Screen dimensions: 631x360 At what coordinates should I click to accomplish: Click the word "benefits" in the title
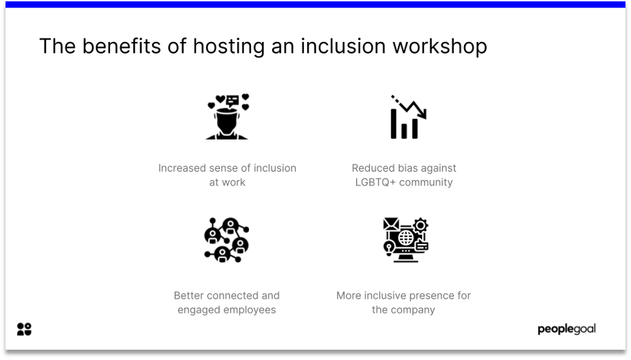(122, 46)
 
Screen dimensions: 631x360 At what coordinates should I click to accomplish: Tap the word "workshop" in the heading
(440, 46)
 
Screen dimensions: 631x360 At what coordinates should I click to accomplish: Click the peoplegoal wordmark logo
(566, 329)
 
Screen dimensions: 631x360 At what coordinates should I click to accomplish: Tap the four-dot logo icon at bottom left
(24, 329)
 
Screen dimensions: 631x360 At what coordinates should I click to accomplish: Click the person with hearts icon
(228, 117)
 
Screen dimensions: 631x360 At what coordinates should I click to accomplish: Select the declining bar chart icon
(408, 117)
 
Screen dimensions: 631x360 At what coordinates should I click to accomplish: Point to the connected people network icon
(227, 240)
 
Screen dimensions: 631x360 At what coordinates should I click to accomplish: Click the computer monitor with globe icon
(406, 240)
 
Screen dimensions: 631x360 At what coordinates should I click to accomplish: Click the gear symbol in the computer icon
(421, 225)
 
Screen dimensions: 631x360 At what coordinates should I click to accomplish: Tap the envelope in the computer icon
(390, 224)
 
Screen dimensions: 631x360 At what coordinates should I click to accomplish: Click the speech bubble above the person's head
(232, 100)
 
